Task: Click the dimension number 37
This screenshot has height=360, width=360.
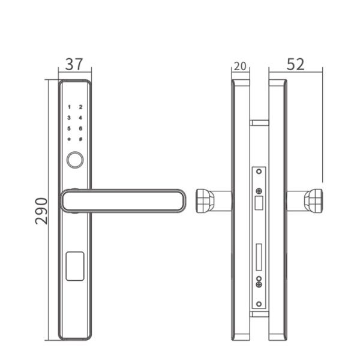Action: [x=74, y=64]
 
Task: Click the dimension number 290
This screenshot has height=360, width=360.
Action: [x=41, y=211]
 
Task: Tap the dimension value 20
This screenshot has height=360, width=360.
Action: [x=240, y=66]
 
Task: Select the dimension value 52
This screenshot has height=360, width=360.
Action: [x=295, y=64]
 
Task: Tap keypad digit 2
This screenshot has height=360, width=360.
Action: [x=80, y=106]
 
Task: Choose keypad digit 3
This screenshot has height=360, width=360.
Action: [x=69, y=118]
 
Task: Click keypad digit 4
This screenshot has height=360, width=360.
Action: [x=80, y=118]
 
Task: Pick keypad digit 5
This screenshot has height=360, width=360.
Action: [x=69, y=128]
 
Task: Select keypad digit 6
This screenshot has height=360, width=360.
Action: [x=80, y=128]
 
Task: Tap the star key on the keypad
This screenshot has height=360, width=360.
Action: [x=69, y=139]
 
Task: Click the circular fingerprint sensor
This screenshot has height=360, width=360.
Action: [x=74, y=160]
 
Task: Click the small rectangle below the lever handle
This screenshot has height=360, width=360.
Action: [x=74, y=266]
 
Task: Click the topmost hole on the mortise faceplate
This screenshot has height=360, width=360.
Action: [x=259, y=172]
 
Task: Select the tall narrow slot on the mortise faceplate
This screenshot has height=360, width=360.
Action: [x=259, y=256]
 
